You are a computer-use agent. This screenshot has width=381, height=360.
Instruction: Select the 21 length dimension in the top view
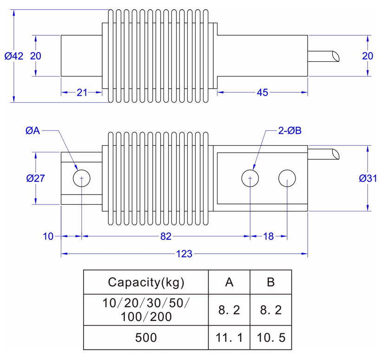82,92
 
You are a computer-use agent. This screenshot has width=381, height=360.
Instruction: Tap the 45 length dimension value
262,92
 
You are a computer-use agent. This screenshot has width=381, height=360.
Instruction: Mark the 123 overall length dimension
184,254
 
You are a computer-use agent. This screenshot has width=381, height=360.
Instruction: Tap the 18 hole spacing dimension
269,236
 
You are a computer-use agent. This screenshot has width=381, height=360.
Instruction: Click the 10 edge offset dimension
48,236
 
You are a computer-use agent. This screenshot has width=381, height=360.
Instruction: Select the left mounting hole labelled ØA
82,178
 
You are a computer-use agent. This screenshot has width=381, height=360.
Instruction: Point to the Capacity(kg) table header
146,281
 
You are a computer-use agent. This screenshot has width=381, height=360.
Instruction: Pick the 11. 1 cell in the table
230,338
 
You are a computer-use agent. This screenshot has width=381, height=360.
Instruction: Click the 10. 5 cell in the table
271,338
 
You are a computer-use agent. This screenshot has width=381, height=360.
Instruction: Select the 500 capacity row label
146,338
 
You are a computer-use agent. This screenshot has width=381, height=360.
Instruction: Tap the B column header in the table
271,281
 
